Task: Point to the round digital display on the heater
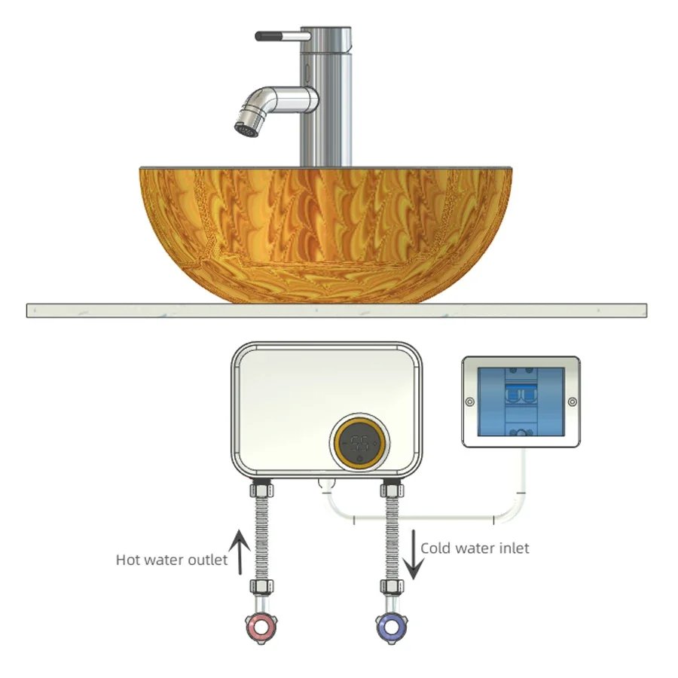[361, 443]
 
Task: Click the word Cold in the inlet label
[437, 548]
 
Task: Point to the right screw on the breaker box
[571, 401]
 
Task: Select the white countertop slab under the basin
[336, 310]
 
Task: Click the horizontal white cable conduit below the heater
[422, 518]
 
